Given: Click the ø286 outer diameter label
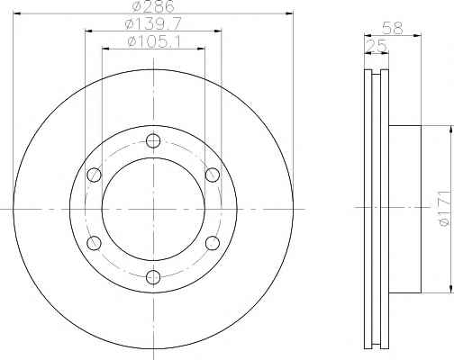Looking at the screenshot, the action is (153, 6).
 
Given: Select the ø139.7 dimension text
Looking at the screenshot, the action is (153, 23).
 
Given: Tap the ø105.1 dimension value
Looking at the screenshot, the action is (153, 41).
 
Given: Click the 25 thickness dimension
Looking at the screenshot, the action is (377, 46).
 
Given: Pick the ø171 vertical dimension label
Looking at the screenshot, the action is (445, 208).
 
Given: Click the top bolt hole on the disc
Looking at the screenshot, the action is (153, 140).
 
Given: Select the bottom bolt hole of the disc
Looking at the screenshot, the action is (153, 277).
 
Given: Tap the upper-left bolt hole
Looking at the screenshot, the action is (94, 175).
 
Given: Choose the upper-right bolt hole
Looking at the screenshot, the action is (213, 175).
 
